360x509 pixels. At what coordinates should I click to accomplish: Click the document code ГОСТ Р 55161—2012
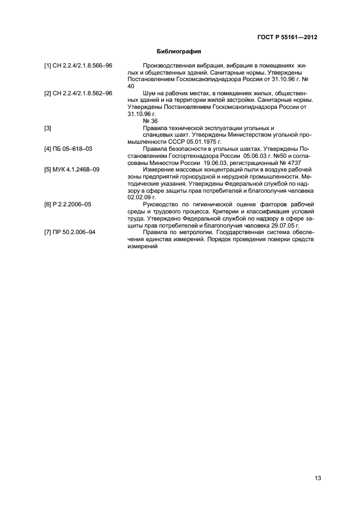pyautogui.click(x=287, y=38)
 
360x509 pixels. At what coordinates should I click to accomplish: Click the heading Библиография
pyautogui.click(x=179, y=52)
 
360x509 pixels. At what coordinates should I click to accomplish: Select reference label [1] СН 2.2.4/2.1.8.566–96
pyautogui.click(x=78, y=65)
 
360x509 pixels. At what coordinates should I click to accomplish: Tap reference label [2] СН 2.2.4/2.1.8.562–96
pyautogui.click(x=78, y=94)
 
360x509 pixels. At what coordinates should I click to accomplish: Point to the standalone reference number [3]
pyautogui.click(x=48, y=128)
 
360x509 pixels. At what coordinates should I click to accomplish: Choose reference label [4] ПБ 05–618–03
pyautogui.click(x=68, y=148)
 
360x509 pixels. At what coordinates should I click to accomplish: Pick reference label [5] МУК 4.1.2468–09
pyautogui.click(x=72, y=169)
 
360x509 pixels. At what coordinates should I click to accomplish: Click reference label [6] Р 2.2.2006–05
pyautogui.click(x=68, y=204)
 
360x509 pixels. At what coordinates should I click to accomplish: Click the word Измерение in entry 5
pyautogui.click(x=158, y=169)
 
